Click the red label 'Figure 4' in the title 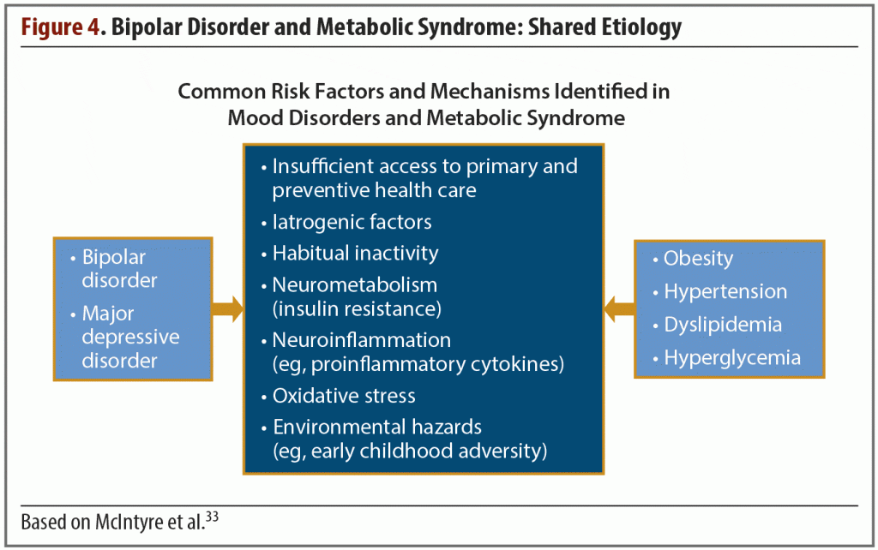(61, 27)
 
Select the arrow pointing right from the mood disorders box (227, 309)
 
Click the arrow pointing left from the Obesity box (619, 309)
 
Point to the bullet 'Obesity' (698, 259)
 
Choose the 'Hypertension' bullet (725, 291)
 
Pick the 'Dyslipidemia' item (723, 325)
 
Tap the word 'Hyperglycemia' (732, 358)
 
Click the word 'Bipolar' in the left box (114, 257)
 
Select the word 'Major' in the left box (108, 314)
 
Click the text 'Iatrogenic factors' (352, 222)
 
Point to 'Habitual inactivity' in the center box (355, 253)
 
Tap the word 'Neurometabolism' (354, 284)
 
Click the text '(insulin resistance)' (357, 309)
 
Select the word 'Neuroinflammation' (361, 339)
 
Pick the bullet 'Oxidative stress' (344, 396)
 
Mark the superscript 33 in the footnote (212, 517)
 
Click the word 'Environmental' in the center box (339, 427)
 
